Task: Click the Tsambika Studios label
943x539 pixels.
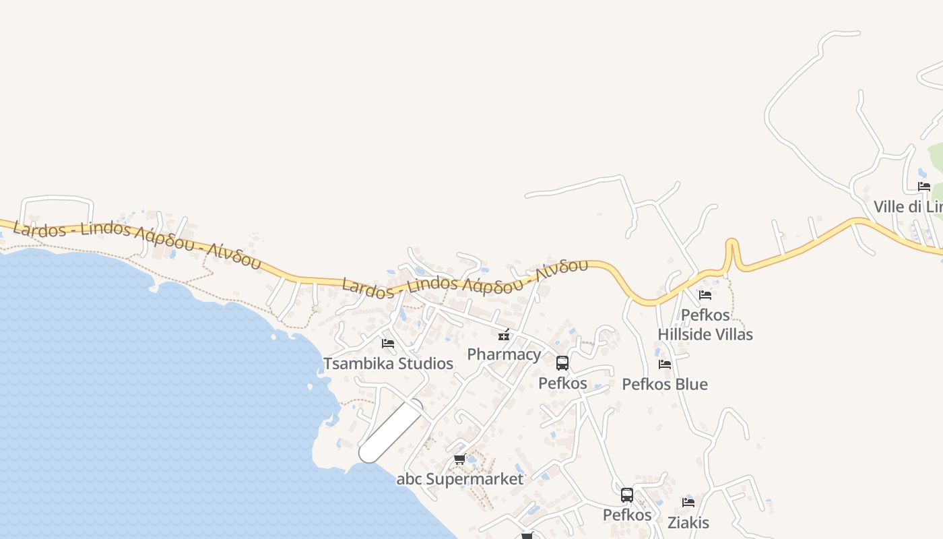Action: [388, 364]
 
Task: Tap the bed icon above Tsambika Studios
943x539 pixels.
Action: [388, 343]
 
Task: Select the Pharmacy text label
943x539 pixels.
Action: [504, 354]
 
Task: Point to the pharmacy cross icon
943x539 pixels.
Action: [504, 335]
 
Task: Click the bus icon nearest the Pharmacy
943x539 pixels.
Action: [562, 363]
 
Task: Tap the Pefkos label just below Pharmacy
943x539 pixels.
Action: [562, 383]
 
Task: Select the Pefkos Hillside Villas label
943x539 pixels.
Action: [705, 325]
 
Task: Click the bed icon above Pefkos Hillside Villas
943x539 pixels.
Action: [705, 294]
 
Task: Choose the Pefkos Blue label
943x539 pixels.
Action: [665, 384]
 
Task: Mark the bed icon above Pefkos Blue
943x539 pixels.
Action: [665, 364]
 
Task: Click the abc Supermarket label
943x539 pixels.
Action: [460, 479]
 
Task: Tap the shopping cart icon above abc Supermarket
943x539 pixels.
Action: [460, 459]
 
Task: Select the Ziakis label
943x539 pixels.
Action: [688, 522]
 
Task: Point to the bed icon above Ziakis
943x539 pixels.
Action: [688, 502]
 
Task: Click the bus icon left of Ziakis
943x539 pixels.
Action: [627, 495]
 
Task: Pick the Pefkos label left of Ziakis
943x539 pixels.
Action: [627, 515]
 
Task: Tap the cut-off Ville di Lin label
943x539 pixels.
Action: [908, 206]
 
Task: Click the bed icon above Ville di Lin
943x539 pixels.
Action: [924, 187]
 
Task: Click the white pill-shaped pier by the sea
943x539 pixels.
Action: [391, 431]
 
